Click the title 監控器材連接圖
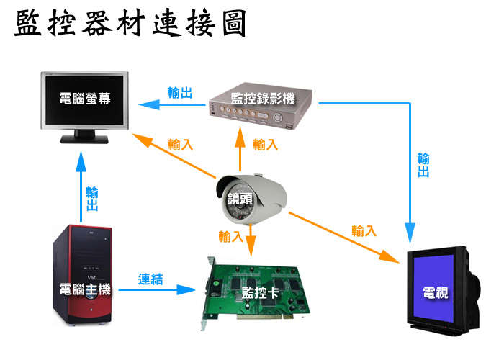click(x=130, y=24)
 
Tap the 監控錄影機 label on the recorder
click(x=263, y=99)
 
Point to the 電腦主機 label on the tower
click(x=86, y=289)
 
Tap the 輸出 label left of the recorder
click(x=179, y=93)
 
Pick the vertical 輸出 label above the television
click(x=423, y=166)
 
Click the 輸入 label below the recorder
click(x=266, y=144)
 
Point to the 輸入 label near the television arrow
click(x=364, y=230)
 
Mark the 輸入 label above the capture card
click(x=231, y=235)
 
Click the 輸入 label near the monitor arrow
click(x=180, y=144)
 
